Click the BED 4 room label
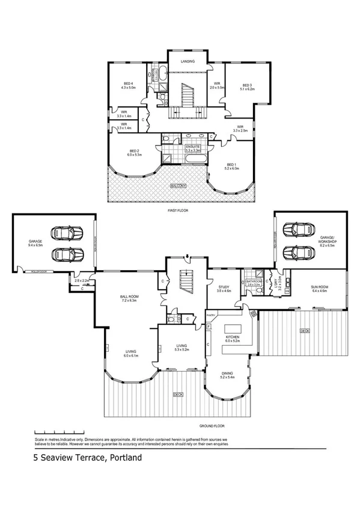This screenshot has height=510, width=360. coord(128,84)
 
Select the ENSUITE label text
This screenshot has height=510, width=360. coord(192,146)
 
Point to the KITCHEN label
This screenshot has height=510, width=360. coord(232,337)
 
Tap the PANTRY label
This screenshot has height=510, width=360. coord(211,315)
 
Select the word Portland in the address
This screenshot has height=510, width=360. coord(124,458)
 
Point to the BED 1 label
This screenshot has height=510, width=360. coord(233,165)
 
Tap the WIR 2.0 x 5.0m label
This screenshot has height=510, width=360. coord(216,85)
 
